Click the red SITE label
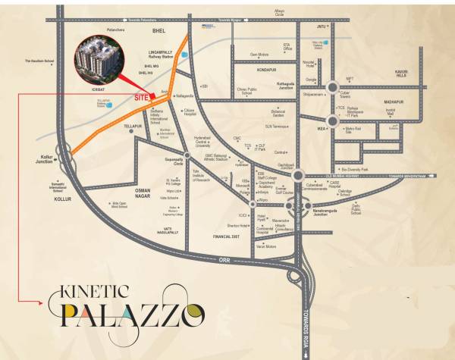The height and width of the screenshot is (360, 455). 141,98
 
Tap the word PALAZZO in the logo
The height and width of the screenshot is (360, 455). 133,311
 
